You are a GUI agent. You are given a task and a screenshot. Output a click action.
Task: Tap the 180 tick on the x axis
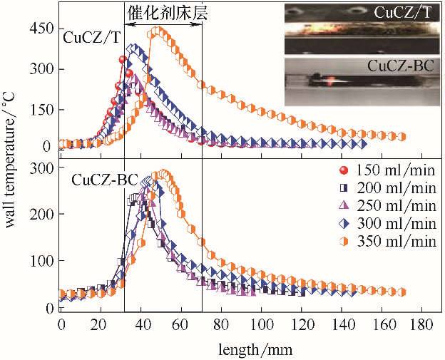click(424, 326)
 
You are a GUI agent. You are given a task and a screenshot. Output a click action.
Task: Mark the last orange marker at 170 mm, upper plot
click(403, 136)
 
